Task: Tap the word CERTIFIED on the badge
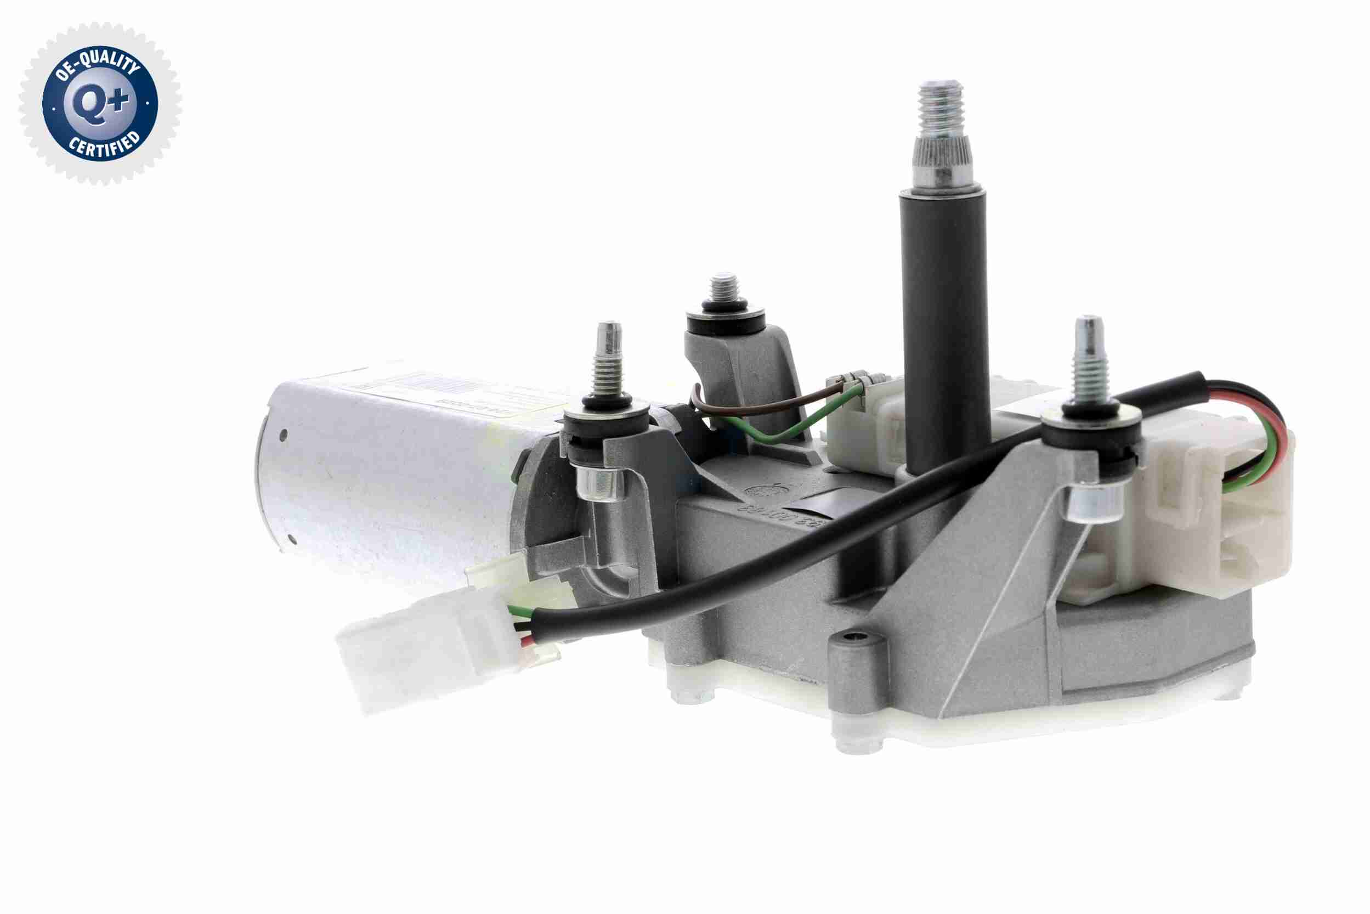click(x=105, y=147)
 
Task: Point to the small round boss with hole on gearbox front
click(x=855, y=638)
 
